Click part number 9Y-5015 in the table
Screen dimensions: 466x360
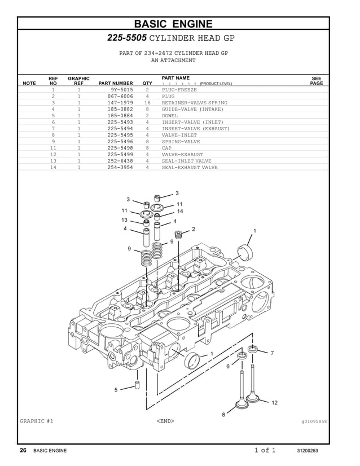124,90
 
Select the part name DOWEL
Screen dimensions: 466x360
170,116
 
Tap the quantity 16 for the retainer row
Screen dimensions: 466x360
147,103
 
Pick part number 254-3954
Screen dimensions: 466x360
120,168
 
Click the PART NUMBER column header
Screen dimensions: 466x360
116,83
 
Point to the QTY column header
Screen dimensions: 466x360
147,83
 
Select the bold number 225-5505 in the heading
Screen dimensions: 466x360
127,38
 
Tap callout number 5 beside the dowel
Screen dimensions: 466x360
116,390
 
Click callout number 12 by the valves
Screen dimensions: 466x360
274,402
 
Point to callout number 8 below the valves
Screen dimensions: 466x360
223,415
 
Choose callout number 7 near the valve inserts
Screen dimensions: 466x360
272,353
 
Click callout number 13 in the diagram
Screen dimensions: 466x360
124,220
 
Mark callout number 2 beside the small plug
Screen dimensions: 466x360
193,229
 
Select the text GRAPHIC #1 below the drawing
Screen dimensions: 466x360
37,421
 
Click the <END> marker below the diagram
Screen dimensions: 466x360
165,421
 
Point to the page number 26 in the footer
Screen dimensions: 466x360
23,450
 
